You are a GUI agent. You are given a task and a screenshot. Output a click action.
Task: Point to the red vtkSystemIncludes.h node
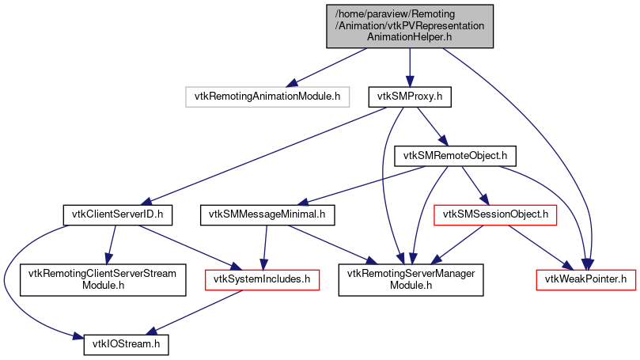[x=262, y=279]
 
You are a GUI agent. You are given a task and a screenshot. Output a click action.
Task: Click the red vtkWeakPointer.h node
[x=586, y=279]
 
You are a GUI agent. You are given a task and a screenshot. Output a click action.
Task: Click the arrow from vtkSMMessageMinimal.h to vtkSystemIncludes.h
[x=266, y=246]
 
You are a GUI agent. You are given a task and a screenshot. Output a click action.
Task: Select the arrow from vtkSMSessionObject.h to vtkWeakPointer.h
[x=538, y=246]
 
